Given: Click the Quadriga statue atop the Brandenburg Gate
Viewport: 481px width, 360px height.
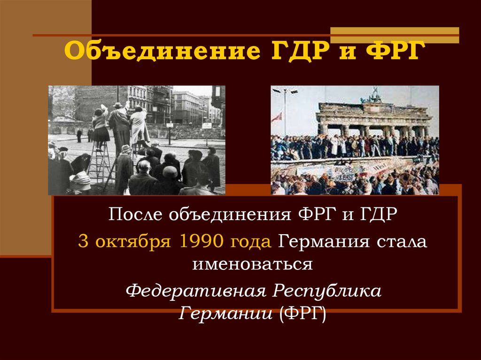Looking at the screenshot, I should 374,95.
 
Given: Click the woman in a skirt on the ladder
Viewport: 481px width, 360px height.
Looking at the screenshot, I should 100,124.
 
